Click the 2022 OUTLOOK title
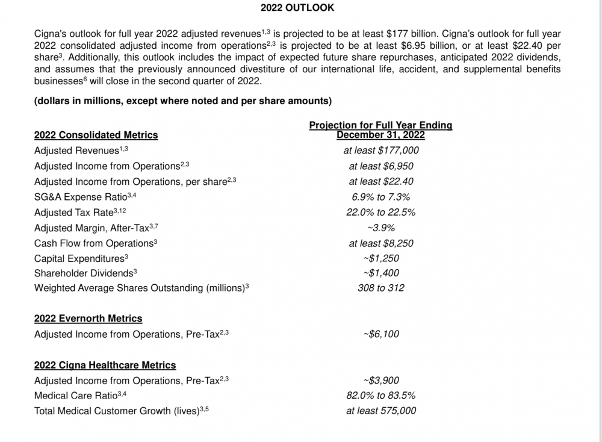297,8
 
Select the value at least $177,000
380,151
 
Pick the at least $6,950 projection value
380,166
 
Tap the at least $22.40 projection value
380,181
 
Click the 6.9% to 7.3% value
380,197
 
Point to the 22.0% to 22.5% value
380,212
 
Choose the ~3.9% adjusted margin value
380,228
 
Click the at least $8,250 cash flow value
380,243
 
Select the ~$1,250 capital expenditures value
380,258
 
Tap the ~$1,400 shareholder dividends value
380,273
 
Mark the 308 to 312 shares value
380,288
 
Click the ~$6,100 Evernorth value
380,334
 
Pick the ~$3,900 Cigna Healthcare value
380,381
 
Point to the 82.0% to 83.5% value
380,396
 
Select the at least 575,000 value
380,411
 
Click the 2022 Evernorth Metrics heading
88,318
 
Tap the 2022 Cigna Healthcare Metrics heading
105,365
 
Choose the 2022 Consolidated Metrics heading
96,135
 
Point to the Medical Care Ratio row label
80,396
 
